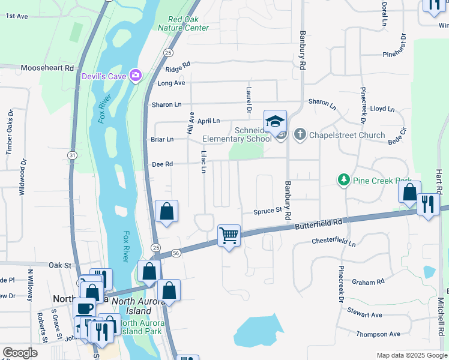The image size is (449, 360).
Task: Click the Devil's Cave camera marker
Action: (x=136, y=74)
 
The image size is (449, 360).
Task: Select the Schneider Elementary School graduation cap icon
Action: (x=275, y=121)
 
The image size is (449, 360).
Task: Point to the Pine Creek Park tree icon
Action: (x=343, y=180)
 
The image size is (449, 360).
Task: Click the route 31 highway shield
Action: (x=72, y=155)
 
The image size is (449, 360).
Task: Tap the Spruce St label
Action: (x=267, y=211)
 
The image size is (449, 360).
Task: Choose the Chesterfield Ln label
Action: (x=333, y=241)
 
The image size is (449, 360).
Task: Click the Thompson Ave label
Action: (x=378, y=334)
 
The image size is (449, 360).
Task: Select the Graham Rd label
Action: (x=368, y=282)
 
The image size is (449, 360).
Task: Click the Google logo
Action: (x=20, y=353)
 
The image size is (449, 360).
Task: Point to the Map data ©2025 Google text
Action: (x=412, y=355)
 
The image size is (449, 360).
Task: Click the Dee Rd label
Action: (x=163, y=164)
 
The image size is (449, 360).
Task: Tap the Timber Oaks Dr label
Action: (x=9, y=133)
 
